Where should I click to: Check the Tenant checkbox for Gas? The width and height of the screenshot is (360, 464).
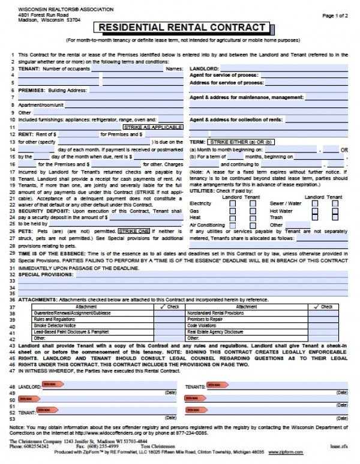pyautogui.click(x=252, y=211)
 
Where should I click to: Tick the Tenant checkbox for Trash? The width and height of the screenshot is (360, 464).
pyautogui.click(x=335, y=218)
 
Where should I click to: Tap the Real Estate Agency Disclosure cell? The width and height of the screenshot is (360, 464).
pyautogui.click(x=215, y=331)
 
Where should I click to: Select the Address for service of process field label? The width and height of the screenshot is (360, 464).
pyautogui.click(x=227, y=82)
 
